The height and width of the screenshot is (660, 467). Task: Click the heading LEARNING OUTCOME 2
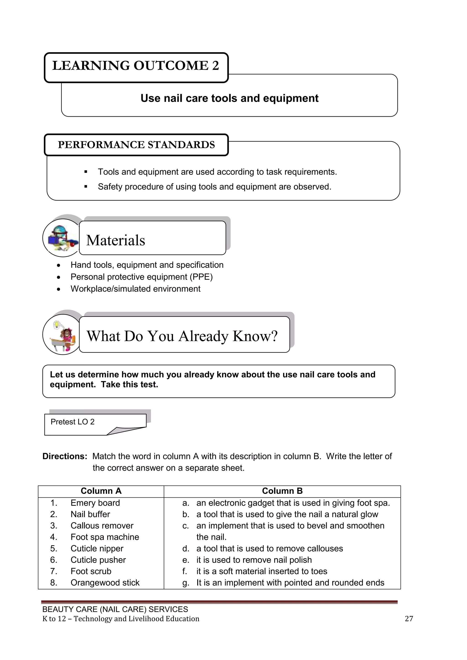pos(135,66)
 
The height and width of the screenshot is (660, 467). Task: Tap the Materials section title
pos(116,240)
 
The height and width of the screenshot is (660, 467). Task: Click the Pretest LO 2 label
pos(73,422)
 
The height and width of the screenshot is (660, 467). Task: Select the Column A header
pos(101,491)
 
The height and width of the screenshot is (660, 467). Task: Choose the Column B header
pos(282,491)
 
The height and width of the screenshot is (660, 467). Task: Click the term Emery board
pos(95,503)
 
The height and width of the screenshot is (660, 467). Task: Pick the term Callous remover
pos(102,526)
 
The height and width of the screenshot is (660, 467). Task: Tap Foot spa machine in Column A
pos(105,537)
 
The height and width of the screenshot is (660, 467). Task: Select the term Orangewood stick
pos(105,583)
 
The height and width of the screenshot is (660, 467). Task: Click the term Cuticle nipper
pos(97,549)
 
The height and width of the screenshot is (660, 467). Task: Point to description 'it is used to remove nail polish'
pos(254,560)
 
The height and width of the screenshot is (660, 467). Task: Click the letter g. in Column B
pos(185,583)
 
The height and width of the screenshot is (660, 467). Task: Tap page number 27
pos(409,619)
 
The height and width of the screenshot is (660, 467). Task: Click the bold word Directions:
pos(65,456)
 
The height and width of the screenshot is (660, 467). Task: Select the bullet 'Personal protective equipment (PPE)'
pos(141,277)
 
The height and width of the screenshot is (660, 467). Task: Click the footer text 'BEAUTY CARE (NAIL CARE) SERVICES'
pos(115,609)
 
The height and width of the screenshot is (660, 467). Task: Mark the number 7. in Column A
pos(54,571)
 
